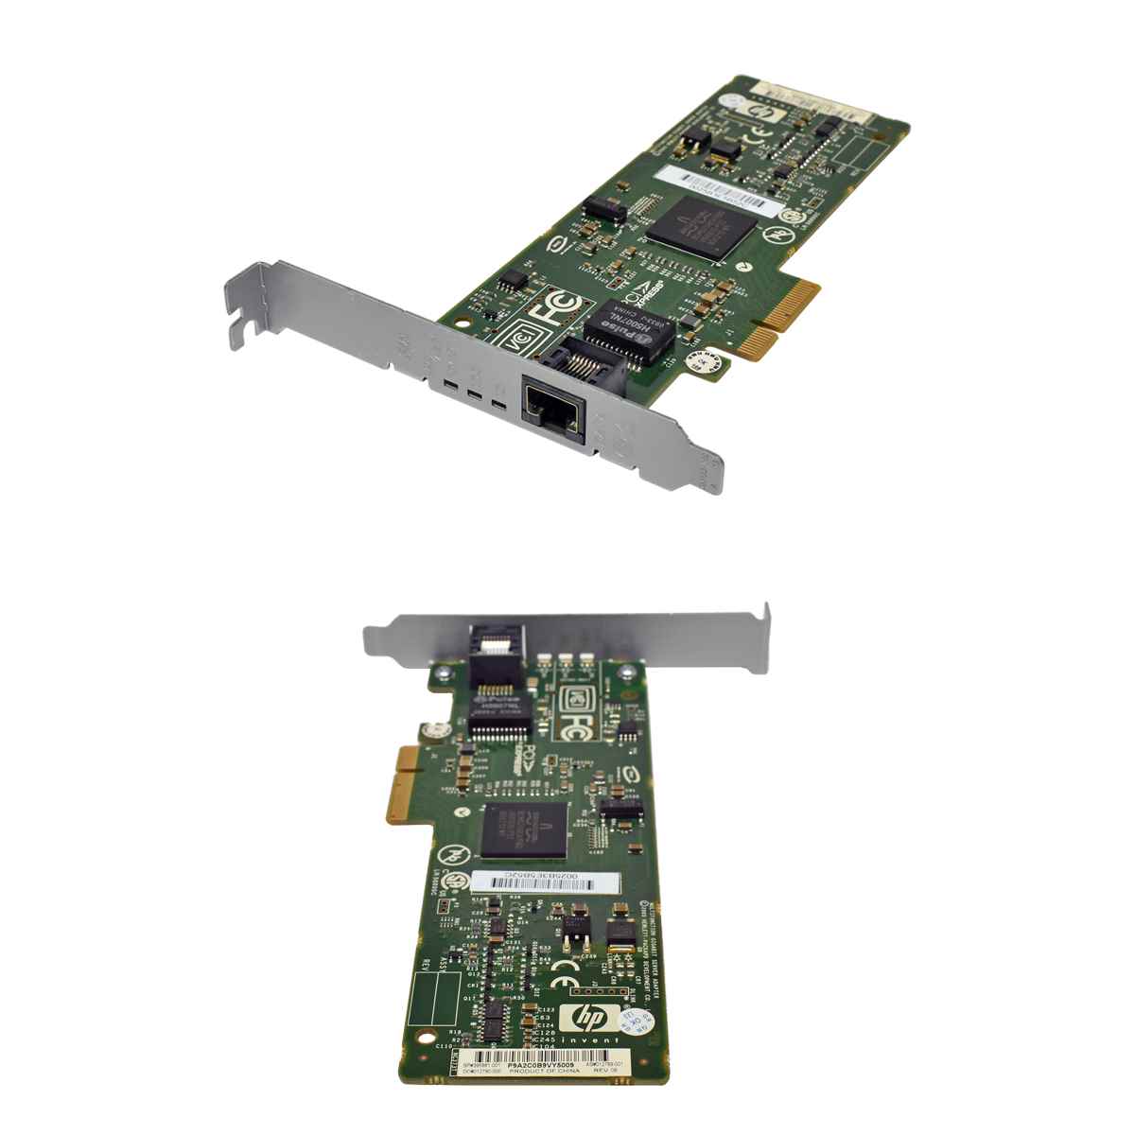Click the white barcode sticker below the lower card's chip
tap(546, 881)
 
